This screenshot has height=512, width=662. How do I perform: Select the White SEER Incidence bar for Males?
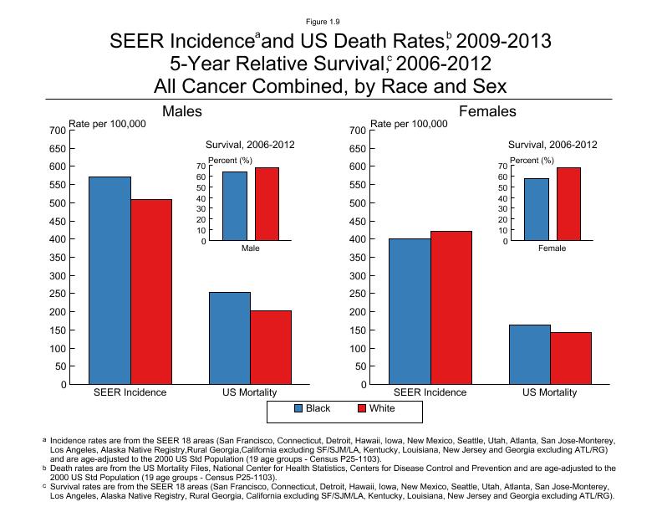(151, 292)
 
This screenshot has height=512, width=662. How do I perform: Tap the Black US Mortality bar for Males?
(230, 338)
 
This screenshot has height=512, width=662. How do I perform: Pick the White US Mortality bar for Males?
(271, 347)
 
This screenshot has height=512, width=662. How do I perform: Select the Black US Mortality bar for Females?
(530, 355)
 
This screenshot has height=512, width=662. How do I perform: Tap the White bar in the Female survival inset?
(568, 204)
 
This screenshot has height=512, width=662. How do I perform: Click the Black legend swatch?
(298, 409)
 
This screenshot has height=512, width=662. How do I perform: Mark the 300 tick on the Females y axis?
(358, 275)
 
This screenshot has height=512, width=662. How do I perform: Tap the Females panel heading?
(488, 111)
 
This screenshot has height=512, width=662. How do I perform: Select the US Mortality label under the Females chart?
(550, 392)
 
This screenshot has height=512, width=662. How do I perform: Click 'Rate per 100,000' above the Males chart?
(107, 124)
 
